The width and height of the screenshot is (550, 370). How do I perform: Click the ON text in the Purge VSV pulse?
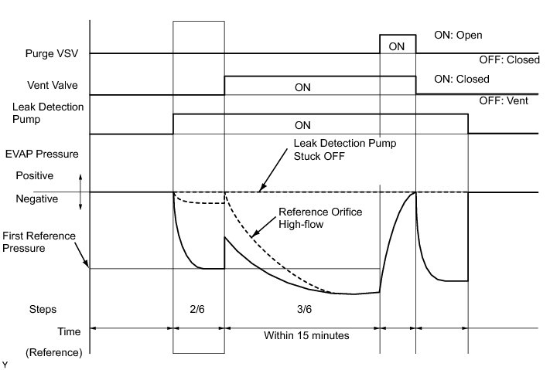click(397, 46)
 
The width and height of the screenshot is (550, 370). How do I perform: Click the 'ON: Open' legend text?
click(460, 36)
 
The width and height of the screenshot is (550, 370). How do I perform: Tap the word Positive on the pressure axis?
click(34, 176)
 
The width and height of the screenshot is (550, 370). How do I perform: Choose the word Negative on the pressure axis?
click(37, 199)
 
